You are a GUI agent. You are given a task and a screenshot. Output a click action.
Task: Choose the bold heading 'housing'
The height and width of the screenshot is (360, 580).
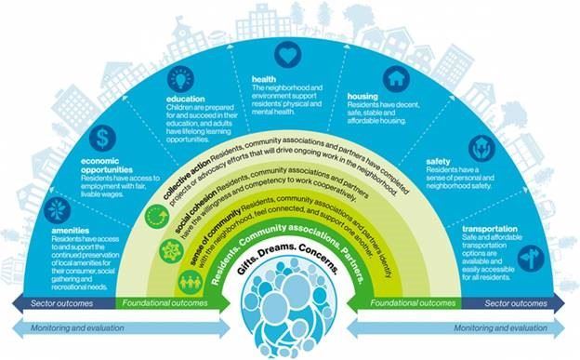362,96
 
